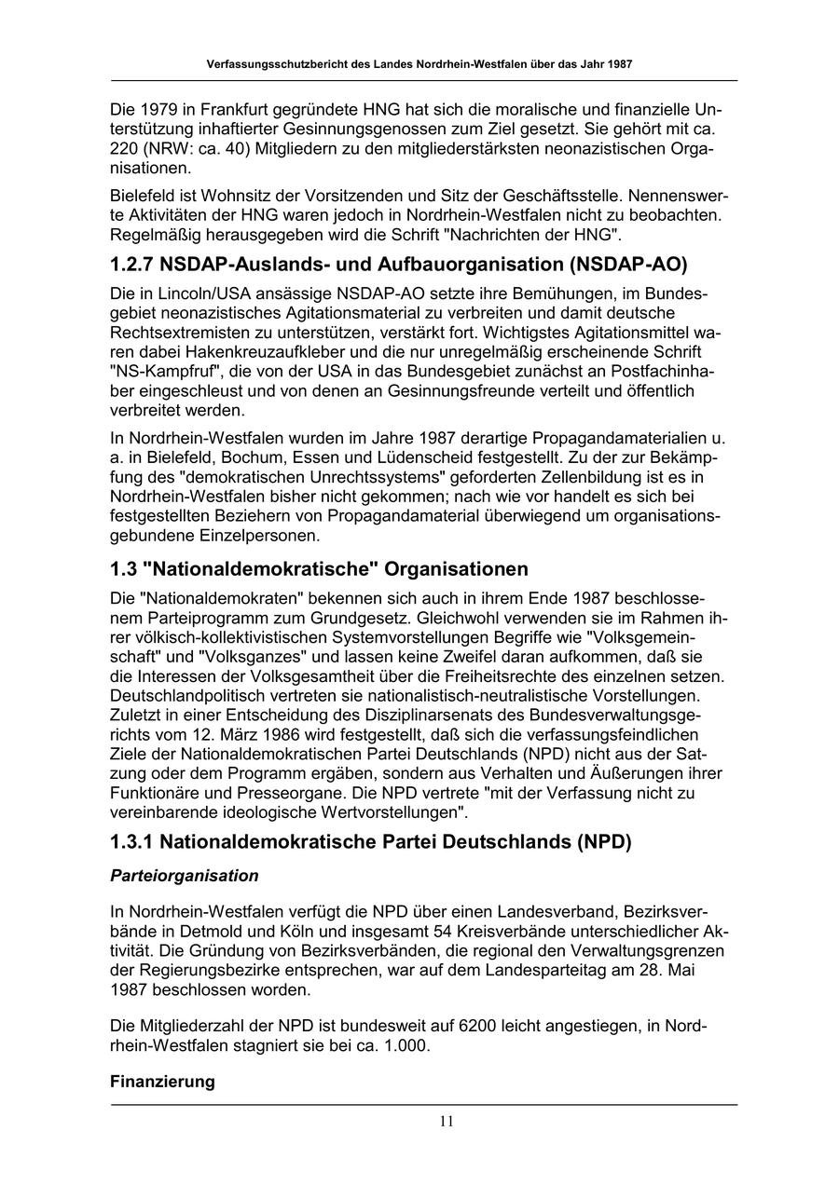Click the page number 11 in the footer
tap(447, 1121)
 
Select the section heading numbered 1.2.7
tap(398, 264)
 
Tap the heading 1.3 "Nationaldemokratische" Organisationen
tap(319, 568)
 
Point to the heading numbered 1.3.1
tap(370, 841)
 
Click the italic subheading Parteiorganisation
tap(184, 876)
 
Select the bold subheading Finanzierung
tap(162, 1082)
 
